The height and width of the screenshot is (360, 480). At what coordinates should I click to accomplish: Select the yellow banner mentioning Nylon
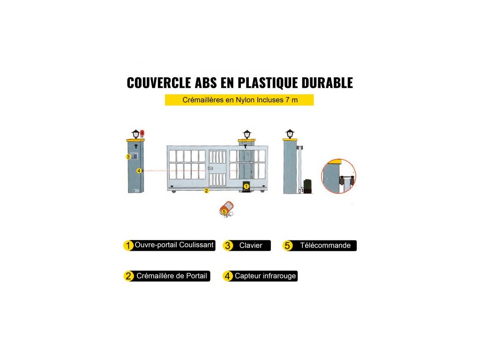pos(239,100)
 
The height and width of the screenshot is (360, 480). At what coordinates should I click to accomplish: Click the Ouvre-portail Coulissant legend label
pos(174,245)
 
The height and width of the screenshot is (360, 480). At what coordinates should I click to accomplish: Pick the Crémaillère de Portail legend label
pos(172,276)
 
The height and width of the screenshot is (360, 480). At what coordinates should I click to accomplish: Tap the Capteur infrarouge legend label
pos(265,276)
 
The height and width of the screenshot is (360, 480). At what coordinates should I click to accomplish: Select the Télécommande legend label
pos(325,246)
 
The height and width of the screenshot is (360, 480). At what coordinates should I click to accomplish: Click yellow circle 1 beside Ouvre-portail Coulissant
pos(128,246)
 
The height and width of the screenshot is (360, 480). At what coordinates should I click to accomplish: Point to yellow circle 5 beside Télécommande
pos(288,246)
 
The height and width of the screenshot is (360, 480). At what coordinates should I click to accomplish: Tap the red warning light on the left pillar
pos(142,134)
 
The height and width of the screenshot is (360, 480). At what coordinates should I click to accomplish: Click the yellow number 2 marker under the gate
pos(206,191)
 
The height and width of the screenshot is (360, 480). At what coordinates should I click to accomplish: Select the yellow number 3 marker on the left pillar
pos(127,157)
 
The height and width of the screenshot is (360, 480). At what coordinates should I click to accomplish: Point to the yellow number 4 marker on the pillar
pos(139,171)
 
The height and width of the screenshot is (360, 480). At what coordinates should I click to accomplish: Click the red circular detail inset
pos(338,177)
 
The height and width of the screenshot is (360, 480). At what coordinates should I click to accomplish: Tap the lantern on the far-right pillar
pos(290,134)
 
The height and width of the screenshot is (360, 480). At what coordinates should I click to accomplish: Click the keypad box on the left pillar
pos(134,157)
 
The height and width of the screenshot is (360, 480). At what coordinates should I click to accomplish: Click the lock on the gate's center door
pos(211,169)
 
